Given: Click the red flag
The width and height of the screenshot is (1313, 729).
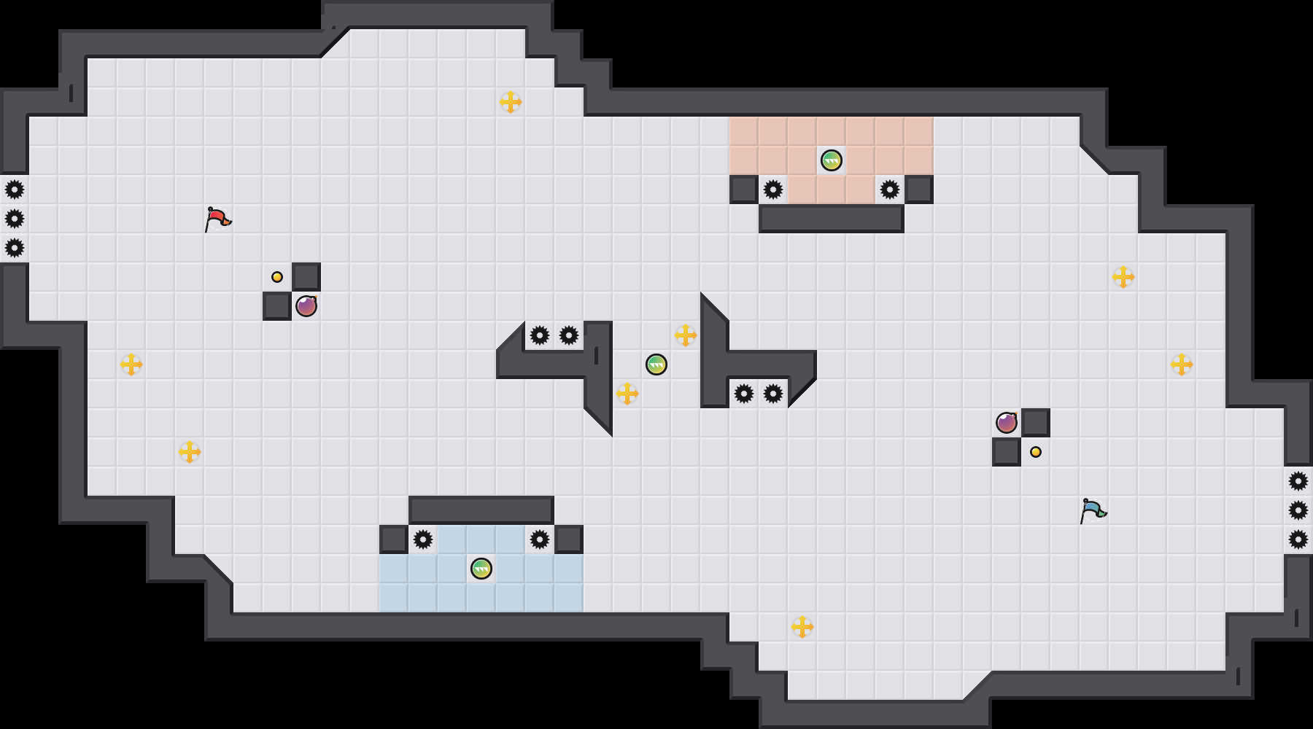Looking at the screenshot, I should point(217,219).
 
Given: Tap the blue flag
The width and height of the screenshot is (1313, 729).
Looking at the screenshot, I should point(1092,510).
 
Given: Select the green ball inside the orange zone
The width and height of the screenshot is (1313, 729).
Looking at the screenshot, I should point(832,160).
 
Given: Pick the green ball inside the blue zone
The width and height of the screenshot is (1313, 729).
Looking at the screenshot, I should point(481,569).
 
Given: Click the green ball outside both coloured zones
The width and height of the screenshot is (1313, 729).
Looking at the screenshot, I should point(656,364).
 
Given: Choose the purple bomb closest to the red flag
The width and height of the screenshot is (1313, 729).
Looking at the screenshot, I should point(306,306).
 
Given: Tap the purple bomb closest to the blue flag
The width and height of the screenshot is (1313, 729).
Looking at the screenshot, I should point(1007,423).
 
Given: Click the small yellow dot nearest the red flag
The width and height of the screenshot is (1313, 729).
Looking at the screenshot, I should point(277,277).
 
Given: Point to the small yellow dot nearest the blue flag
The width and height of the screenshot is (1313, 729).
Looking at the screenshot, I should point(1036,452).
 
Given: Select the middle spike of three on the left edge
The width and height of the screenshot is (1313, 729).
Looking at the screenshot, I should point(15,219).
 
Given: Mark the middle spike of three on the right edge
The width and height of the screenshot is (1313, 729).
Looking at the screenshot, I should point(1298,510).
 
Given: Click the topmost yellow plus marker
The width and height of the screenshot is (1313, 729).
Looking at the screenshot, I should point(511,102).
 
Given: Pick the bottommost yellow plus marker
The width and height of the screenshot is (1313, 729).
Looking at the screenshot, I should point(802,627).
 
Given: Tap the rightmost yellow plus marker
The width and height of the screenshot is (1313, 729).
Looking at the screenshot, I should point(1182,364).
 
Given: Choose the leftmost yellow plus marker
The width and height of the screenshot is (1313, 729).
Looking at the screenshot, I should point(131,364).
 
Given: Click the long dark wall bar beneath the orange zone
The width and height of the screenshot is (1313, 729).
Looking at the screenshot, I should point(832,219).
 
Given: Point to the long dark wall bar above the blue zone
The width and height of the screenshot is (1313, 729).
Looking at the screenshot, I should point(481,510).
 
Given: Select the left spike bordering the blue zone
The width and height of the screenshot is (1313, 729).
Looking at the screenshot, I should point(423,539).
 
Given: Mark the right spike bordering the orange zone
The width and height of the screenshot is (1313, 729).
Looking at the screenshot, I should point(890,190).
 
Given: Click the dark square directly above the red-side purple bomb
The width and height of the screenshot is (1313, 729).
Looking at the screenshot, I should point(306,277).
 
